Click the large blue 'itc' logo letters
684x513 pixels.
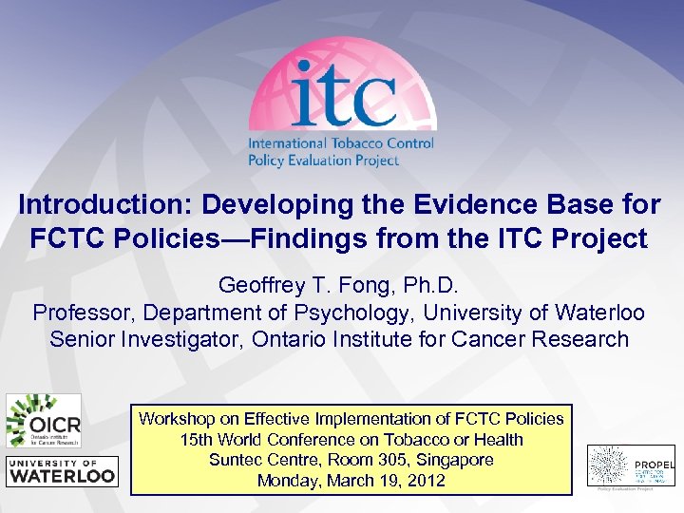(343, 95)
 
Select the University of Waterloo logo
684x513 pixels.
(62, 470)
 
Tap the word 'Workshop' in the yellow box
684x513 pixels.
(175, 419)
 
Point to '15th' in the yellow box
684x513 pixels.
(198, 440)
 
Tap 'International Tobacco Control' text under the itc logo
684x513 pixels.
(340, 143)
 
